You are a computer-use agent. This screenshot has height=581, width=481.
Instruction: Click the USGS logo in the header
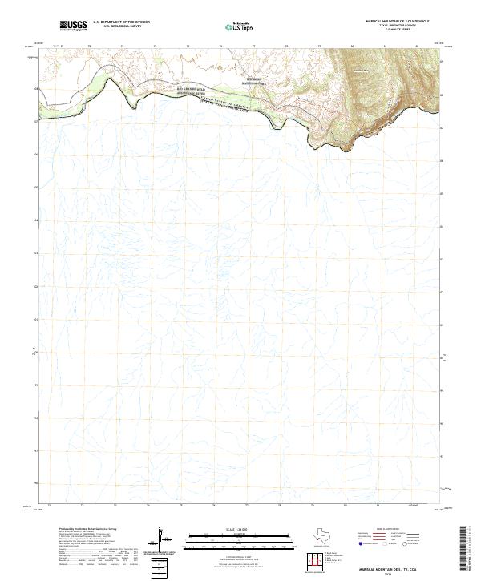click(x=74, y=26)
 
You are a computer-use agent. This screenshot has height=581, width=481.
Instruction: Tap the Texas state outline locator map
click(x=322, y=538)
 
